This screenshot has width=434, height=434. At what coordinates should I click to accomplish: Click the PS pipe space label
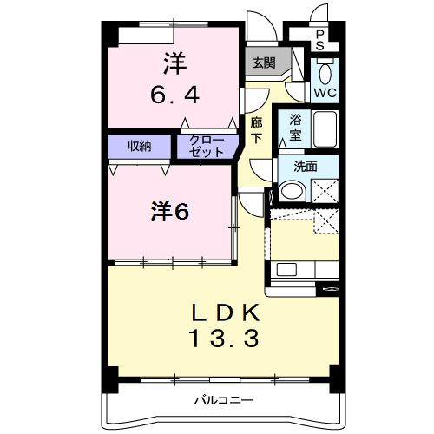(x=320, y=40)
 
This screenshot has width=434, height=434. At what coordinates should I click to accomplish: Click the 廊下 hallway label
(x=257, y=131)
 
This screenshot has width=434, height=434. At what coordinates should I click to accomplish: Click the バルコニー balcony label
(x=222, y=400)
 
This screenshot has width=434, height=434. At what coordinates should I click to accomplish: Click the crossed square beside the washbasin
(x=326, y=191)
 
